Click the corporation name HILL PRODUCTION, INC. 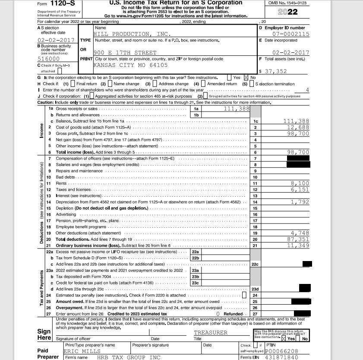[132, 34]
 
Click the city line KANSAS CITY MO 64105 [131, 65]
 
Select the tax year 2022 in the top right [287, 12]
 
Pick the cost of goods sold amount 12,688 [297, 127]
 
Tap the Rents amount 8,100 [300, 183]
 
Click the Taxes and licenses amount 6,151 [300, 189]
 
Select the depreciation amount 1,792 [300, 202]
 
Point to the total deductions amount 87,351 [297, 239]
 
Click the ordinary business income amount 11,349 [297, 245]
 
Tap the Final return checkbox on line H [73, 83]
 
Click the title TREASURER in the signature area [211, 332]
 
